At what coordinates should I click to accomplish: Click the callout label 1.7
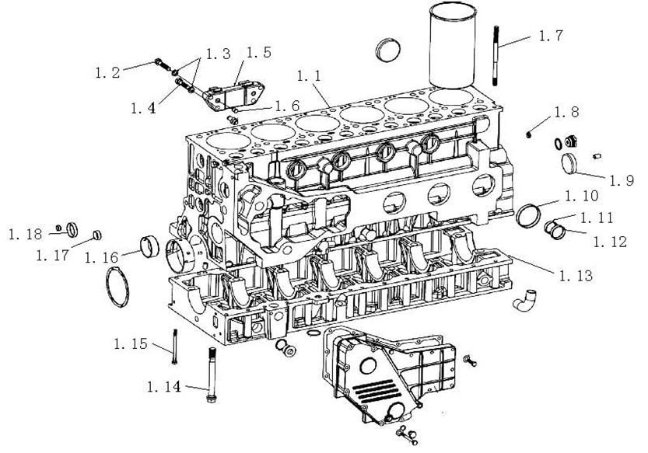point(551,36)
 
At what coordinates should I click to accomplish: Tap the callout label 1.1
point(309,75)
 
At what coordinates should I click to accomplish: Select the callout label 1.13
point(576,275)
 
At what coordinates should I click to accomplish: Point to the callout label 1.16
point(102,258)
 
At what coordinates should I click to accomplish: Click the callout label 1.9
point(622,180)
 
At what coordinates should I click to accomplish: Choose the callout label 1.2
point(107,73)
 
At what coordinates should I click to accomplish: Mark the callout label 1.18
point(25,234)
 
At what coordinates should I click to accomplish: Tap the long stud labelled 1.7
point(495,55)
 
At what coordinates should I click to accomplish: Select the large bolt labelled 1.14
point(212,375)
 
